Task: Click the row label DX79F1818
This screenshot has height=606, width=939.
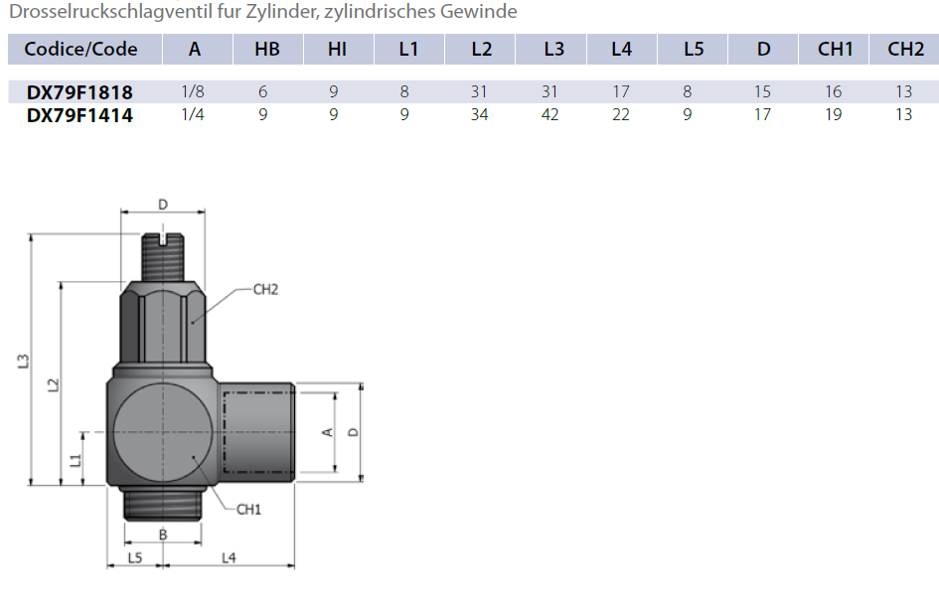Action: (79, 92)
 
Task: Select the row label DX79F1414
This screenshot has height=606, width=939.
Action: (79, 115)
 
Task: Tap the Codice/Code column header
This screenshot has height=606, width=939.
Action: (80, 50)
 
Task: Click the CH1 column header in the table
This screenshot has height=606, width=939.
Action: (835, 50)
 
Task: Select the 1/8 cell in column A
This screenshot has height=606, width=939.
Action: (193, 92)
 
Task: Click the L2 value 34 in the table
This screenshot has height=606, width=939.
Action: (479, 115)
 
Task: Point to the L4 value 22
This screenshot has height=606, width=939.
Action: (621, 115)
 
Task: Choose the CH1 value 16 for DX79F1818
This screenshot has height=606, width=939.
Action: (833, 92)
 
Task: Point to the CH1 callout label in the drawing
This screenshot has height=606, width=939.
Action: (247, 510)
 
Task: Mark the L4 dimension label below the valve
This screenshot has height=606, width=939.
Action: (228, 558)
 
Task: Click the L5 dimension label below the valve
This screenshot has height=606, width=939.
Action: (135, 558)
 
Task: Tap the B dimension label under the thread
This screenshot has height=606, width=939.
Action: (164, 535)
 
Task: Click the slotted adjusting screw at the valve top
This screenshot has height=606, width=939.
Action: (162, 241)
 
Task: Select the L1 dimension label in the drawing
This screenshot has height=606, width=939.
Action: (75, 460)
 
